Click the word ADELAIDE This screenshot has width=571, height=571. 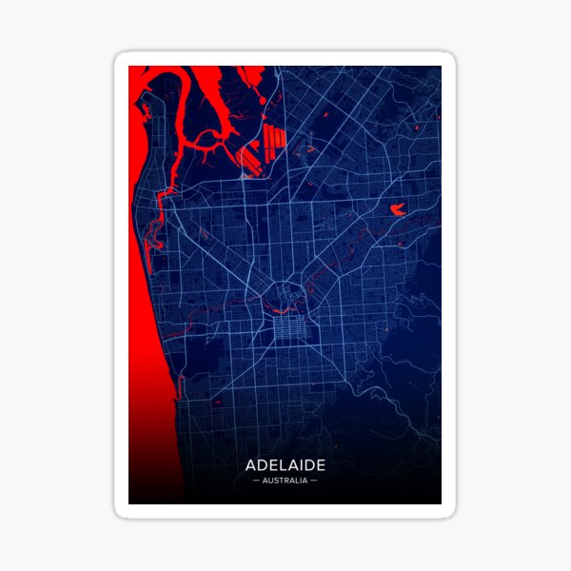click(x=285, y=465)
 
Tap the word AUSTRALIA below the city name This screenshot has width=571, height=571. click(x=285, y=481)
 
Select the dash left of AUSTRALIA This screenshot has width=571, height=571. click(x=256, y=481)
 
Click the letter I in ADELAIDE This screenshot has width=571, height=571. click(x=303, y=465)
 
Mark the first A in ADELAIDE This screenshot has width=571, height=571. click(x=251, y=465)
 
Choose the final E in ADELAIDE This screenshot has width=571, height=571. click(x=321, y=465)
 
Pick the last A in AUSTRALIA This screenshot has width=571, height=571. click(x=306, y=481)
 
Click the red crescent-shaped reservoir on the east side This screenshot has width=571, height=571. click(x=397, y=208)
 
